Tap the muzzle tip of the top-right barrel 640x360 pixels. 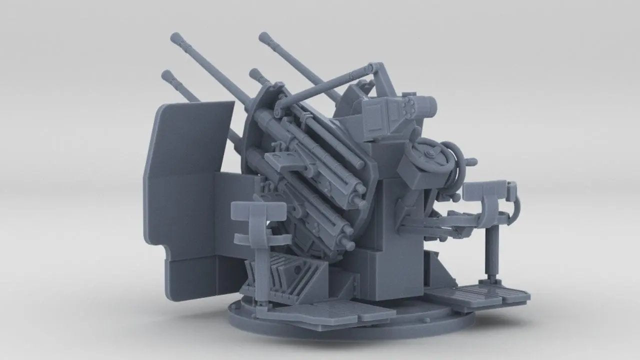[x=262, y=36]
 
